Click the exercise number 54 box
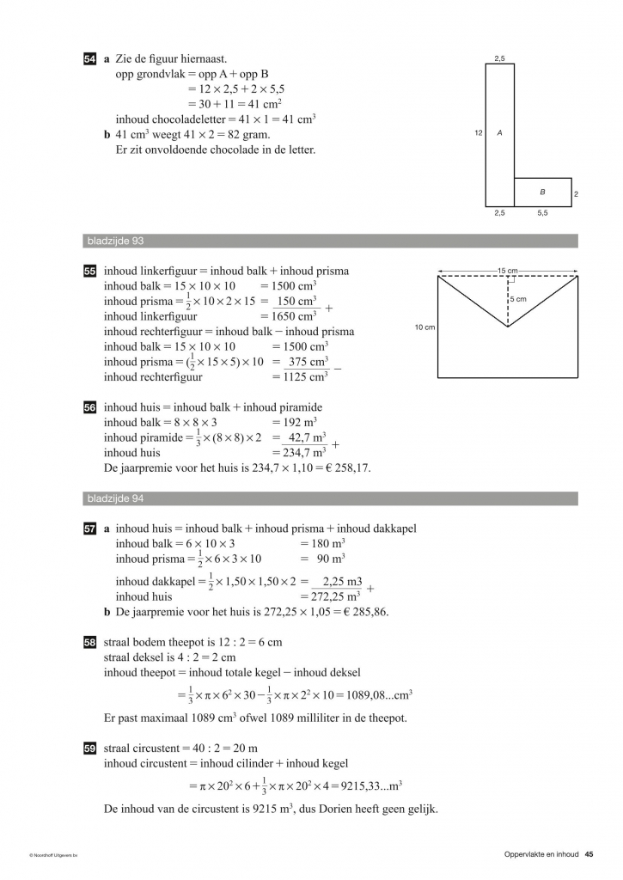(x=89, y=59)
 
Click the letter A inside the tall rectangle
(x=499, y=133)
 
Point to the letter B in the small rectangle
(x=542, y=192)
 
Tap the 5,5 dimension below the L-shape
(x=543, y=212)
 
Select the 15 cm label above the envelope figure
(x=507, y=271)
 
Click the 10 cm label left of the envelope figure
(x=424, y=327)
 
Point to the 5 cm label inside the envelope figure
(x=518, y=299)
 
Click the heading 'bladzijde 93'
(x=109, y=241)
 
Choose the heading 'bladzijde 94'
(x=109, y=498)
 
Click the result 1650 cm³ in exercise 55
(x=294, y=316)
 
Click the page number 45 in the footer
(x=589, y=853)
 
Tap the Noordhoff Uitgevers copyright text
(x=53, y=855)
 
